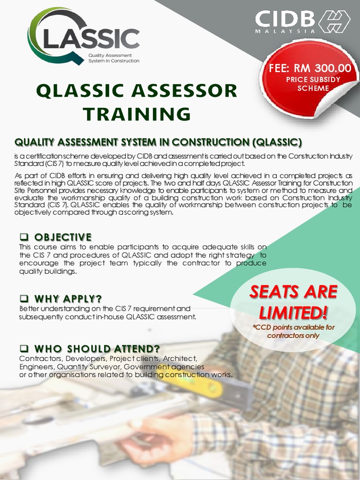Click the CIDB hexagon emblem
334,22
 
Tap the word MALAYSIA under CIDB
285,31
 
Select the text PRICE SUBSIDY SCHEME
313,84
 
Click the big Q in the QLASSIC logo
47,35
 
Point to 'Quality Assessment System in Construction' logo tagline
113,58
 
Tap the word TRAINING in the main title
137,114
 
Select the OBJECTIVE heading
62,237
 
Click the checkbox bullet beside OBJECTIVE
24,237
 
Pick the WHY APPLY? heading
68,299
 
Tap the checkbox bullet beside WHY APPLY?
24,299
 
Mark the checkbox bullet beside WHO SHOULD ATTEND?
24,349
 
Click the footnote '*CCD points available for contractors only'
293,331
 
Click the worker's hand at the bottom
155,431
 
